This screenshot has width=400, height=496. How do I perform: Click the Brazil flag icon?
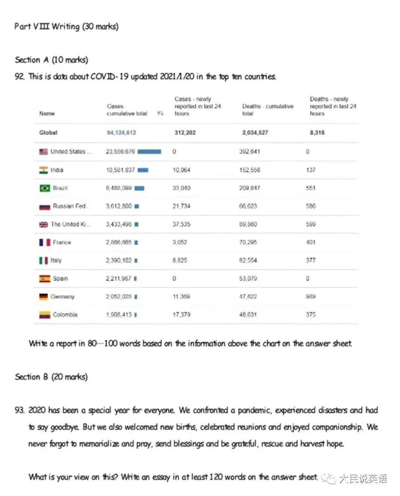tap(44, 188)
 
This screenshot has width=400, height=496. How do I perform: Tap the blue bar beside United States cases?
tap(149, 152)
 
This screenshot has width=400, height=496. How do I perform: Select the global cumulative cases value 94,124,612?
tap(121, 133)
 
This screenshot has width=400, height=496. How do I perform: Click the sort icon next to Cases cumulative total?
tap(160, 113)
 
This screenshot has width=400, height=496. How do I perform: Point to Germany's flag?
tap(44, 297)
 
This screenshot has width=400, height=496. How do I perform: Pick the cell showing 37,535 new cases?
tap(181, 224)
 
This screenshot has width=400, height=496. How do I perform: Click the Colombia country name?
tap(65, 315)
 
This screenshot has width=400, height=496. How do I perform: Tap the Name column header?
tap(47, 113)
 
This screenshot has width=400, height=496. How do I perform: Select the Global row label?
tap(48, 133)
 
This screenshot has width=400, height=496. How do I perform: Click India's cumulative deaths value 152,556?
tap(249, 170)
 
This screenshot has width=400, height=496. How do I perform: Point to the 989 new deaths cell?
tap(311, 297)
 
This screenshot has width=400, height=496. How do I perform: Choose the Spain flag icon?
tap(44, 279)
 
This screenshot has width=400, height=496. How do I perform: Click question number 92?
tap(19, 77)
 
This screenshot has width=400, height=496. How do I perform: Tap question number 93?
tap(19, 410)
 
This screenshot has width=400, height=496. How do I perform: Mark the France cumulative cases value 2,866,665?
tap(119, 243)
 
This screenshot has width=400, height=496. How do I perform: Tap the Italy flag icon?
tap(44, 260)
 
